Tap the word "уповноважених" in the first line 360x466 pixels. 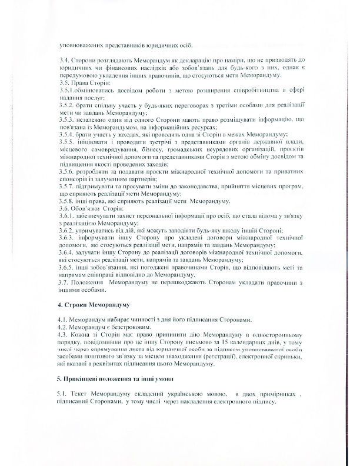(85, 46)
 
